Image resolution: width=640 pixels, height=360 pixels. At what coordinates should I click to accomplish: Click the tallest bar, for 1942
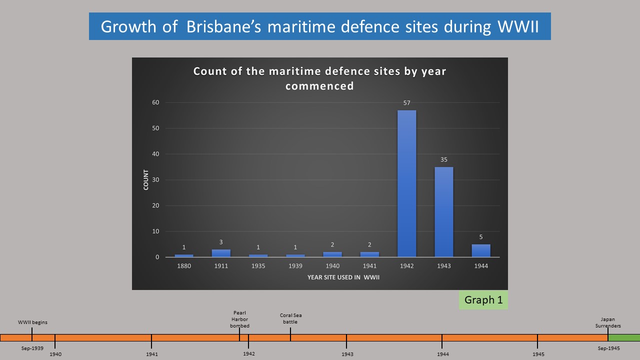pyautogui.click(x=407, y=183)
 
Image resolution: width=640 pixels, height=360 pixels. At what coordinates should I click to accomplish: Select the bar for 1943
pyautogui.click(x=444, y=212)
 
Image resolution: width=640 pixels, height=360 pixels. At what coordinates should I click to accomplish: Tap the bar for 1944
pyautogui.click(x=481, y=250)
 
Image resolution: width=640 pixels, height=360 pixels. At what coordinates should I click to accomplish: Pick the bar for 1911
pyautogui.click(x=221, y=253)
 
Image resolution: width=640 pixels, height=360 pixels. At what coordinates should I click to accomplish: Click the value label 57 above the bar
pyautogui.click(x=407, y=103)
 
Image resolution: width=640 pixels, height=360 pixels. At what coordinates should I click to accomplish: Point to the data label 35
pyautogui.click(x=444, y=160)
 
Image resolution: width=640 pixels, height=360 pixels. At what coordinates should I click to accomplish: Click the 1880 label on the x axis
pyautogui.click(x=184, y=266)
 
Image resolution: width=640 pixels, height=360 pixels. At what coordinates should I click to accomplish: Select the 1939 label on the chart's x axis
pyautogui.click(x=295, y=266)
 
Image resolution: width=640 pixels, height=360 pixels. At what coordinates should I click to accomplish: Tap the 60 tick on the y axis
pyautogui.click(x=155, y=102)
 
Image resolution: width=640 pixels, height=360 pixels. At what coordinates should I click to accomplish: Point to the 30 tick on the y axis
pyautogui.click(x=155, y=180)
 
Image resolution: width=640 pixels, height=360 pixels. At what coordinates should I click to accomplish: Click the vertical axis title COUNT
pyautogui.click(x=146, y=180)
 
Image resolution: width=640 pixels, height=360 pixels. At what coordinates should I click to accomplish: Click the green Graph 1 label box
pyautogui.click(x=483, y=300)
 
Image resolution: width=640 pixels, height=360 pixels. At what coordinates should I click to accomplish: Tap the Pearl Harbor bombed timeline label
pyautogui.click(x=239, y=319)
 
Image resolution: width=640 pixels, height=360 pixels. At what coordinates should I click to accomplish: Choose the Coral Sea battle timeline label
pyautogui.click(x=290, y=318)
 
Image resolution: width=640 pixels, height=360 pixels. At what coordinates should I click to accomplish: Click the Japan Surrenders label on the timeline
pyautogui.click(x=608, y=322)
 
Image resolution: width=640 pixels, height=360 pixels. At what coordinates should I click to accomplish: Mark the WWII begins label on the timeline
pyautogui.click(x=32, y=322)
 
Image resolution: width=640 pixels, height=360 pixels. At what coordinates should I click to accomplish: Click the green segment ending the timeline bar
pyautogui.click(x=624, y=337)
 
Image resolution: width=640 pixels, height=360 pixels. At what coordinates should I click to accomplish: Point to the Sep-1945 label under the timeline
pyautogui.click(x=608, y=348)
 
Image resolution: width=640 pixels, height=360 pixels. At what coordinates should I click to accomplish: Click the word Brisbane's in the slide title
pyautogui.click(x=224, y=26)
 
